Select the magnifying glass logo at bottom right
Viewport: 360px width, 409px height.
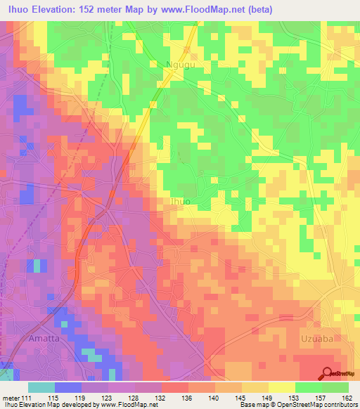pos(328,373)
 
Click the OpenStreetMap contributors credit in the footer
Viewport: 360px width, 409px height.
pos(320,405)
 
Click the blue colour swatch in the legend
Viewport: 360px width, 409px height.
pos(68,387)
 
